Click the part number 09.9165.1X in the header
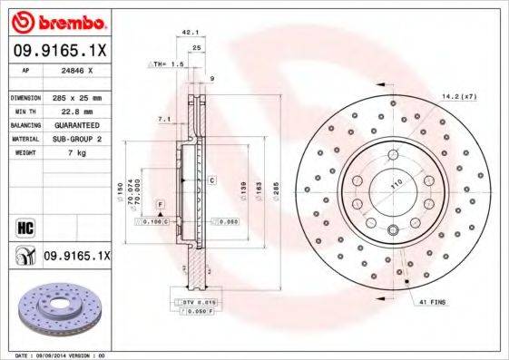click(x=60, y=53)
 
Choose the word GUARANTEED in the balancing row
click(x=75, y=124)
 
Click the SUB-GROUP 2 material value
click(x=75, y=139)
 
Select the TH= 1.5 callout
click(x=170, y=65)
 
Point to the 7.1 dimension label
click(x=164, y=119)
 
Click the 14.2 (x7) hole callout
click(x=459, y=96)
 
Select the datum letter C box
click(x=210, y=180)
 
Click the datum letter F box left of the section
click(x=159, y=204)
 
